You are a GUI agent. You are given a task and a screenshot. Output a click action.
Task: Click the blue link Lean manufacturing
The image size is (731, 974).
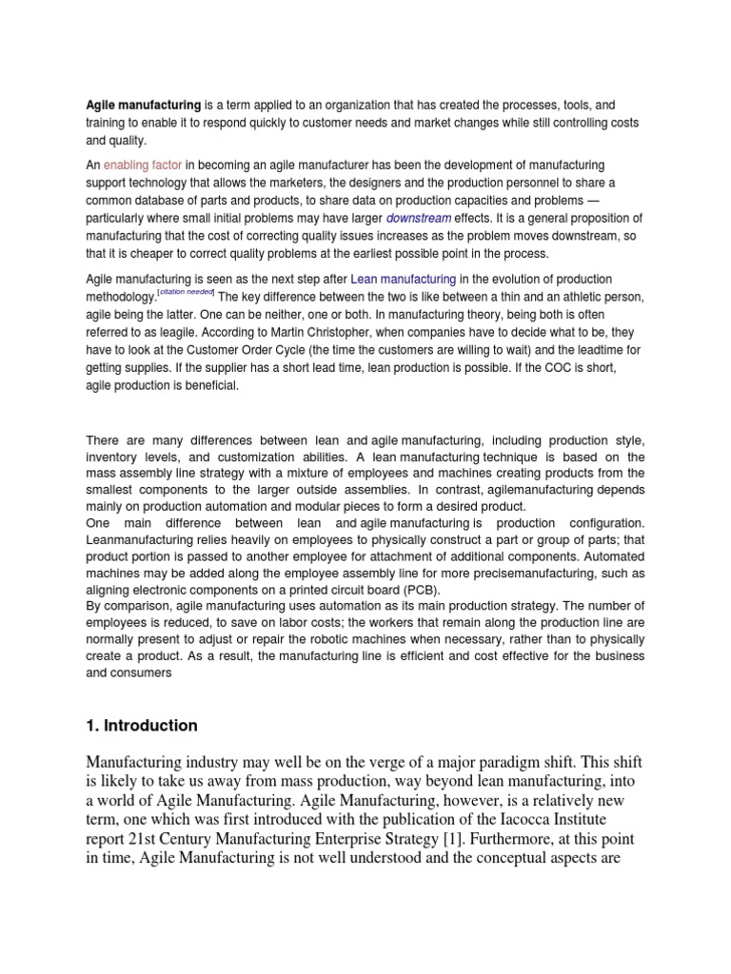pyautogui.click(x=404, y=279)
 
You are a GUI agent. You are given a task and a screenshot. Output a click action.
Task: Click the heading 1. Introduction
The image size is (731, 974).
pyautogui.click(x=142, y=726)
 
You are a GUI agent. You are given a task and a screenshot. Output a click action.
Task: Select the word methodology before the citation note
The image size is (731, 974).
pyautogui.click(x=128, y=297)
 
